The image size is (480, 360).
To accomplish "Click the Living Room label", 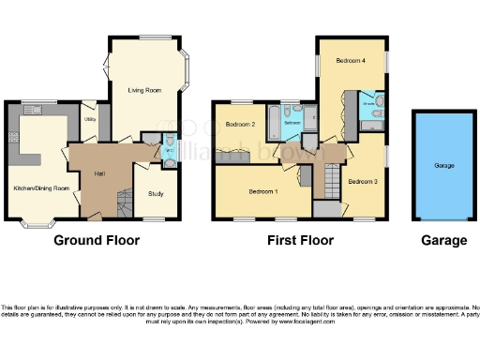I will point(145,90).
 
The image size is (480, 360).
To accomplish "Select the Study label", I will point(156,194).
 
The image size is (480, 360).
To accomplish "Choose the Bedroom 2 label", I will point(241,124).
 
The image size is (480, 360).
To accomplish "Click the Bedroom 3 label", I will point(362,181).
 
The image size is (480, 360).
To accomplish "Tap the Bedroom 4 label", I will point(351,61).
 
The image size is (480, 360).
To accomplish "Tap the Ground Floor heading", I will point(97,240).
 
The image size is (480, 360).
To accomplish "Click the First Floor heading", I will point(301,240).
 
